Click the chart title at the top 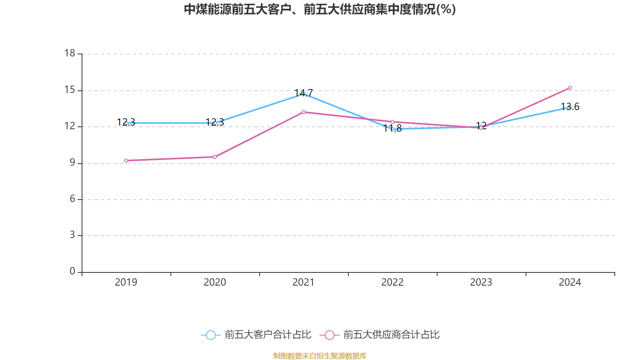320,9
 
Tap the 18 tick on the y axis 70,53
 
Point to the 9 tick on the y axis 72,163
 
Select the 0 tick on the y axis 72,271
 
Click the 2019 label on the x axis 126,282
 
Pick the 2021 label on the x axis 304,282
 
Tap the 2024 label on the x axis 570,282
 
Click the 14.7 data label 304,93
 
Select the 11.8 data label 392,128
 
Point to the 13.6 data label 570,107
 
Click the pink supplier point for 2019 126,160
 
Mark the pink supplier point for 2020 215,157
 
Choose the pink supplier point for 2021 304,112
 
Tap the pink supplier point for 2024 570,88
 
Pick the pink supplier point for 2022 392,122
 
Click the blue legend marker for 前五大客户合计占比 210,335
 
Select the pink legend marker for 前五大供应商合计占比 329,335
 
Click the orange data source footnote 320,356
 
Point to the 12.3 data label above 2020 215,122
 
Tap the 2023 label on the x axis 481,282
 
